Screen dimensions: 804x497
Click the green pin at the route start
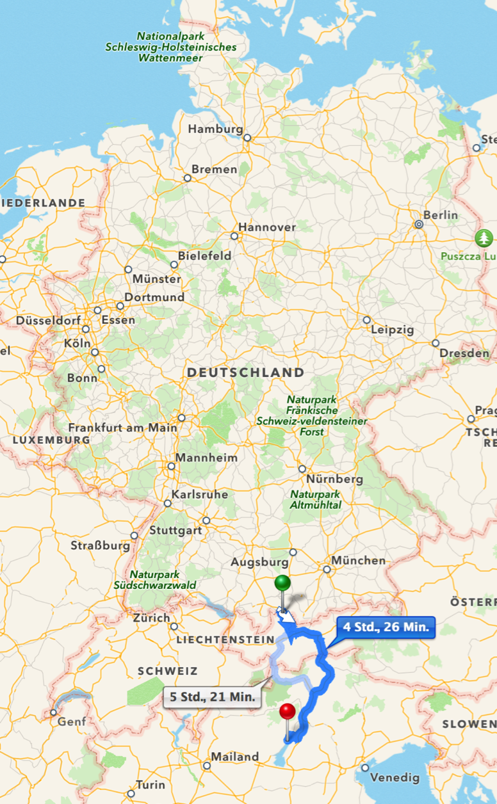282,583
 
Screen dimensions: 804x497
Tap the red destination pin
288,711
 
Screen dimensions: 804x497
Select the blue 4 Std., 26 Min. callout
386,627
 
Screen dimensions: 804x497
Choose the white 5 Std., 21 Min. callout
213,696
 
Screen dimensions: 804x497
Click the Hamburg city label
215,129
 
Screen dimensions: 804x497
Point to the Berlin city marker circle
418,225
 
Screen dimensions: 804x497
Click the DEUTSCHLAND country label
245,372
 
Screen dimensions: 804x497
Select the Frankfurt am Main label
123,427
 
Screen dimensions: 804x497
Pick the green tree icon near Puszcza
484,238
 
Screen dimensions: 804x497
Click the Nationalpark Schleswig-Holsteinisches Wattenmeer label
170,47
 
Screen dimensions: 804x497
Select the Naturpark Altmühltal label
316,499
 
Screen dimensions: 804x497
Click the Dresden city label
465,353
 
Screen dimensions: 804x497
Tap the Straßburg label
101,546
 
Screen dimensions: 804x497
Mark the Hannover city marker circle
234,236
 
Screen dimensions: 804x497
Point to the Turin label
151,785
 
